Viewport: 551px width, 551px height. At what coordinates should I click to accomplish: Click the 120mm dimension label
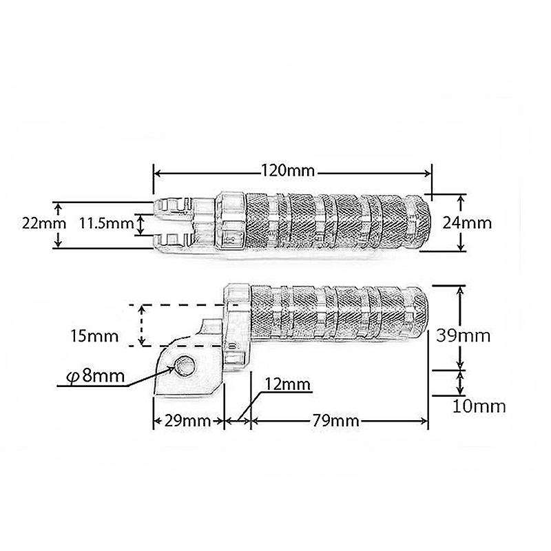click(287, 171)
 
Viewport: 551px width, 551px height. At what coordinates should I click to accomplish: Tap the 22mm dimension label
click(44, 223)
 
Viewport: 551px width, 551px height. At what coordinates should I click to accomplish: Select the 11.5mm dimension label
click(107, 223)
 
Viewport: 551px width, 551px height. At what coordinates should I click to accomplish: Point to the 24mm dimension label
click(467, 222)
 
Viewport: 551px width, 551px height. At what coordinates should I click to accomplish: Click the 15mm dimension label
click(94, 336)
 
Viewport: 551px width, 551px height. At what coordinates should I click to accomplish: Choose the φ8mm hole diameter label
click(96, 376)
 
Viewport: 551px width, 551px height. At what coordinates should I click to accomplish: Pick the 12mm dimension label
click(287, 384)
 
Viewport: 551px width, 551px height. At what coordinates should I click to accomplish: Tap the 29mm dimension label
click(187, 421)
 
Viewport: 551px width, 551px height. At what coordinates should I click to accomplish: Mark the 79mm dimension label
click(336, 421)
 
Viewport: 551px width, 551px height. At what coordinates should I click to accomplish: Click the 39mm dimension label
click(463, 335)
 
